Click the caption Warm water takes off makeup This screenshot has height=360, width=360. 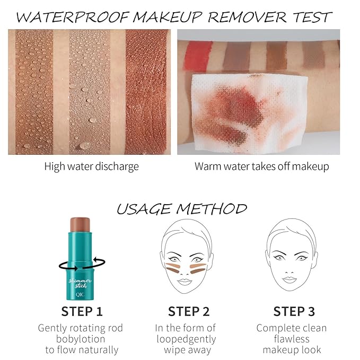pyautogui.click(x=262, y=166)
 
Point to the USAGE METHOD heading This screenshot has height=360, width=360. pyautogui.click(x=181, y=208)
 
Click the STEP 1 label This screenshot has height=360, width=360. pyautogui.click(x=82, y=311)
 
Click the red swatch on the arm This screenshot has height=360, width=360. pyautogui.click(x=198, y=53)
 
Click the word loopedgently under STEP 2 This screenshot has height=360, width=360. pyautogui.click(x=186, y=339)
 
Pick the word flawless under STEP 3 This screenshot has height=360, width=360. pyautogui.click(x=289, y=339)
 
